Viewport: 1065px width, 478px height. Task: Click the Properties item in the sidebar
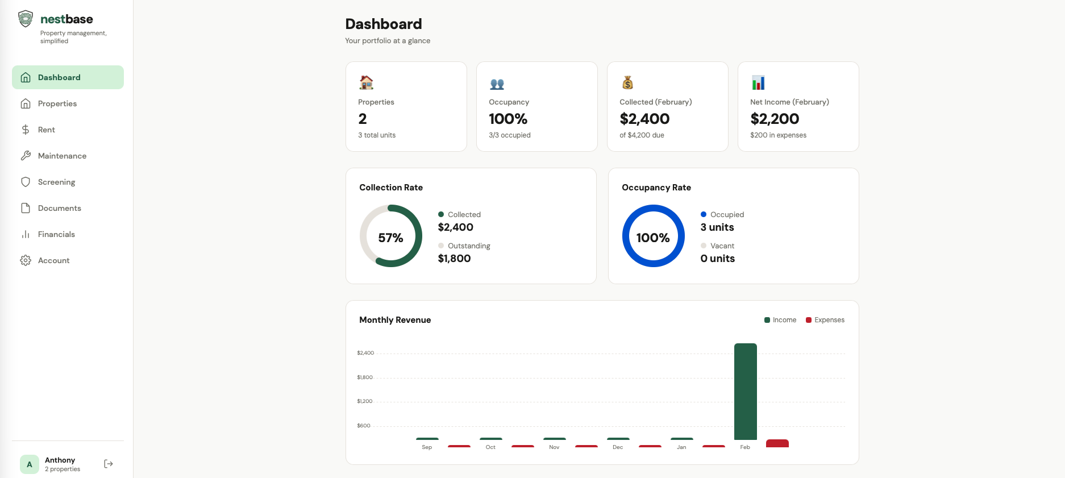pyautogui.click(x=57, y=103)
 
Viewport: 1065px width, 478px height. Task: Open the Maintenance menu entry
pyautogui.click(x=62, y=156)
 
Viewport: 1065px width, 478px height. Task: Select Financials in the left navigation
pyautogui.click(x=56, y=234)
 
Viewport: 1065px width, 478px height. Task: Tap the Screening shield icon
pyautogui.click(x=26, y=182)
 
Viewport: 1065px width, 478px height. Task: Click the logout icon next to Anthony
pyautogui.click(x=109, y=464)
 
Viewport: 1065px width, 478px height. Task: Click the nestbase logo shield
pyautogui.click(x=26, y=19)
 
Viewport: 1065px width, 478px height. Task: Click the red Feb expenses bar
pyautogui.click(x=777, y=443)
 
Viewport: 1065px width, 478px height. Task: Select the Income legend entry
pyautogui.click(x=780, y=320)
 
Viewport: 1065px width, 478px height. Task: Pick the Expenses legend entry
pyautogui.click(x=825, y=320)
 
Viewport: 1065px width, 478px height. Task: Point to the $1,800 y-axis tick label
pyautogui.click(x=365, y=377)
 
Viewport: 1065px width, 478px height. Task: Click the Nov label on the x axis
pyautogui.click(x=554, y=447)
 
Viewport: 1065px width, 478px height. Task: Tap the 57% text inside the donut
pyautogui.click(x=390, y=238)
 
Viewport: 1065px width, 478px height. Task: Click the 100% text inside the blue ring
pyautogui.click(x=653, y=238)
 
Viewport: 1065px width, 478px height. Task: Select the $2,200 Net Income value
pyautogui.click(x=775, y=119)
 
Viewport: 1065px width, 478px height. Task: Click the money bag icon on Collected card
pyautogui.click(x=627, y=83)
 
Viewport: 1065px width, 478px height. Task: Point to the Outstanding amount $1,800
pyautogui.click(x=454, y=259)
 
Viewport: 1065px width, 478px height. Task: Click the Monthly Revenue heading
pyautogui.click(x=395, y=320)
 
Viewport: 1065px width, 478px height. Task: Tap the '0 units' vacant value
pyautogui.click(x=717, y=259)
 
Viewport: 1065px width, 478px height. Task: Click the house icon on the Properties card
pyautogui.click(x=367, y=83)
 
